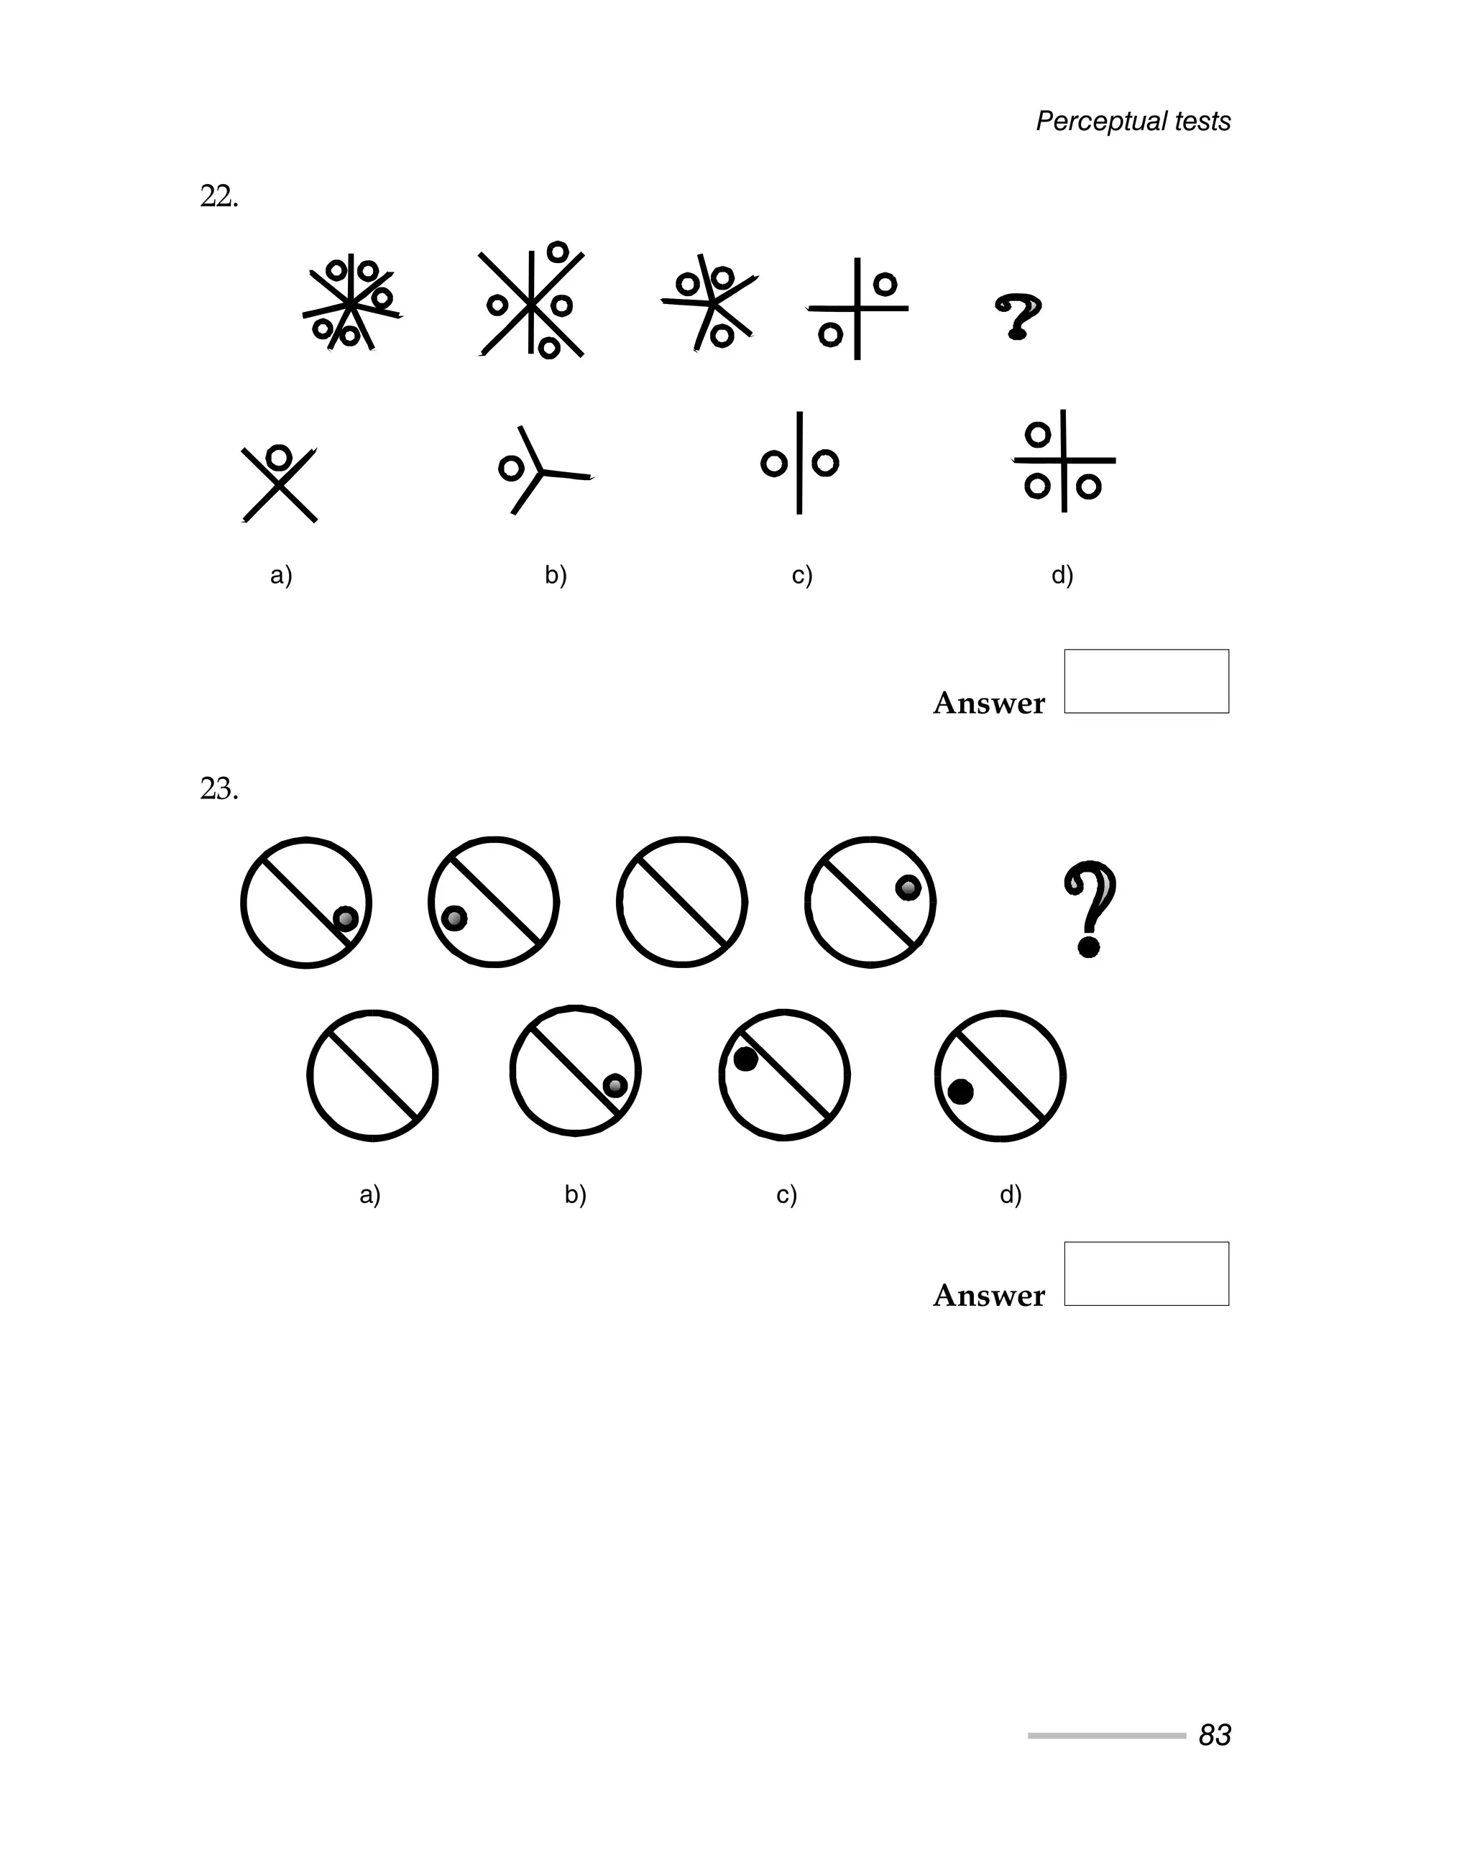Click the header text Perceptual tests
point(1133,121)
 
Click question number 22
point(219,198)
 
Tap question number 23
point(219,788)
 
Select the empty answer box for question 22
point(1146,681)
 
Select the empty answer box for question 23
point(1146,1273)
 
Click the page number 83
point(1214,1735)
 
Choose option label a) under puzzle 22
point(281,575)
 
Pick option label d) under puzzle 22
point(1062,575)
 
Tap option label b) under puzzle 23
point(575,1194)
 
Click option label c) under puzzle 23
point(786,1194)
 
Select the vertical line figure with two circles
point(800,464)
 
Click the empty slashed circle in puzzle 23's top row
point(681,902)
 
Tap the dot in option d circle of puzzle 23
point(960,1092)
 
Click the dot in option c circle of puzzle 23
point(745,1059)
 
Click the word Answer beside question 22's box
point(988,703)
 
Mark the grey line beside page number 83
point(1107,1736)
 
